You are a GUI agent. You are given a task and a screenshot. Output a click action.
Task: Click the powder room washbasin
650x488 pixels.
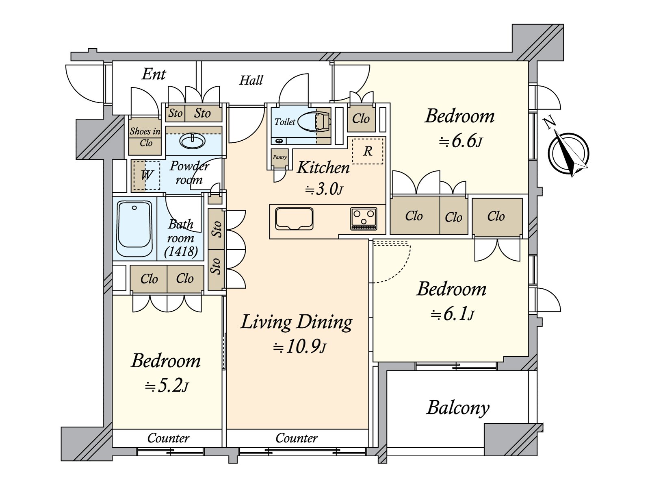tap(193, 142)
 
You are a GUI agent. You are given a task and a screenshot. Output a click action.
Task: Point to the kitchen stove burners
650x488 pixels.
tap(364, 219)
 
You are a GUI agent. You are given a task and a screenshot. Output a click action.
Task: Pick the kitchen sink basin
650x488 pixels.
tap(294, 219)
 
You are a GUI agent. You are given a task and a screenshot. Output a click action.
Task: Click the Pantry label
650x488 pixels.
tap(280, 157)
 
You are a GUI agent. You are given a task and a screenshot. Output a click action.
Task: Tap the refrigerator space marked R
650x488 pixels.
tap(367, 151)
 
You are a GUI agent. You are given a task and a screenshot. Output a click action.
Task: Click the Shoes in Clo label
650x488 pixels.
tap(145, 137)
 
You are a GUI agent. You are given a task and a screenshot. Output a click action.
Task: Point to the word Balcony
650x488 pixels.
tap(458, 407)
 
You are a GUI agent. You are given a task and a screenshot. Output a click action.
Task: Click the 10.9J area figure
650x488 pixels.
tap(300, 347)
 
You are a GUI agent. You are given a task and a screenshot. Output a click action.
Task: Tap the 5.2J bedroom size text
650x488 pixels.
tap(167, 386)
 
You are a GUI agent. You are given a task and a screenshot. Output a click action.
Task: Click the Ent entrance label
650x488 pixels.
tap(154, 74)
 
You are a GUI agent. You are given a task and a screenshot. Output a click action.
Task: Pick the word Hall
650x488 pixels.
tap(251, 80)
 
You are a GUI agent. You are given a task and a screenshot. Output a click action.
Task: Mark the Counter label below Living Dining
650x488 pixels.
tap(296, 438)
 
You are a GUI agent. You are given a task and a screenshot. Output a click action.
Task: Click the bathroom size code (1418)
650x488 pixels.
tap(181, 251)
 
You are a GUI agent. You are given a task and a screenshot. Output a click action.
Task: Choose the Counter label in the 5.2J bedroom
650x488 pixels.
tap(168, 438)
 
